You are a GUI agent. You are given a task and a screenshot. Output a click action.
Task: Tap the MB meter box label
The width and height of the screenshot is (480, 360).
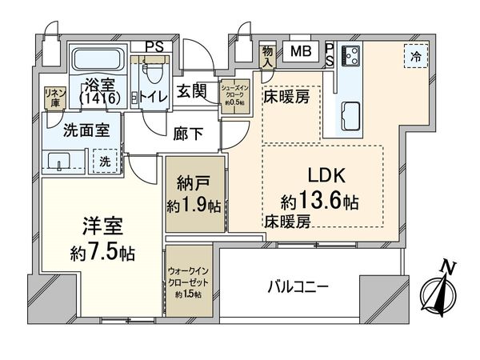coord(301,53)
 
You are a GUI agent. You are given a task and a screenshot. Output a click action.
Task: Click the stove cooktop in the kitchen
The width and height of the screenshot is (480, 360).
coord(350,56)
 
